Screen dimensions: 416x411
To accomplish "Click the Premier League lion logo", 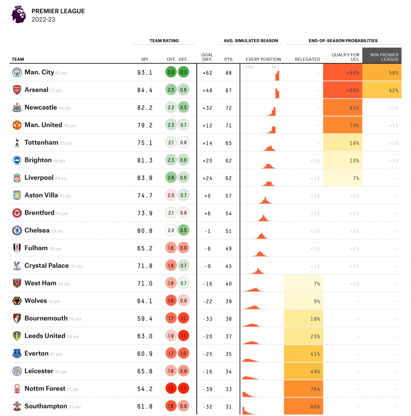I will [18, 14].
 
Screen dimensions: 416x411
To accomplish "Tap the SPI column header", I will [145, 59].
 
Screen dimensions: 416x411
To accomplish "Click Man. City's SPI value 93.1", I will [145, 73].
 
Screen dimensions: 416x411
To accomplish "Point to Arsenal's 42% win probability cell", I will [382, 90].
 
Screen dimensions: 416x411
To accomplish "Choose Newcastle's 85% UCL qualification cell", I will [343, 108].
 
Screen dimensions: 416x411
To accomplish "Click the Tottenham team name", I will [41, 142].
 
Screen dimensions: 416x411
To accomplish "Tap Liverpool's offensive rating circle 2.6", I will [171, 178].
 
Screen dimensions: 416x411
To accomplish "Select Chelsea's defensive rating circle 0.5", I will [184, 230].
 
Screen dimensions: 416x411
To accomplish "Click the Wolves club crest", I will [17, 301].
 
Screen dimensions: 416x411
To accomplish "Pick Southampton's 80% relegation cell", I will [303, 406].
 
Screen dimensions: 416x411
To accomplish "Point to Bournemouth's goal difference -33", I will [208, 319].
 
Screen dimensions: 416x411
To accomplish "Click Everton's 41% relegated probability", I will [303, 354].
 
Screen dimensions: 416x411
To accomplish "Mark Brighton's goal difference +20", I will [208, 161].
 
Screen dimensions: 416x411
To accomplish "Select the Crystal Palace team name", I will [47, 266].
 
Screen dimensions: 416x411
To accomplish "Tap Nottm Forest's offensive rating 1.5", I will [171, 389].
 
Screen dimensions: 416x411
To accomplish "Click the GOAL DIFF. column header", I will [207, 57].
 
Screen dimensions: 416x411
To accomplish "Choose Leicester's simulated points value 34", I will [229, 371].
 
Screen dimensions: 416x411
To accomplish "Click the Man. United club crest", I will [17, 125].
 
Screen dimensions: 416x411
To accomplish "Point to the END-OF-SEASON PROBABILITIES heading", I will [343, 40].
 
